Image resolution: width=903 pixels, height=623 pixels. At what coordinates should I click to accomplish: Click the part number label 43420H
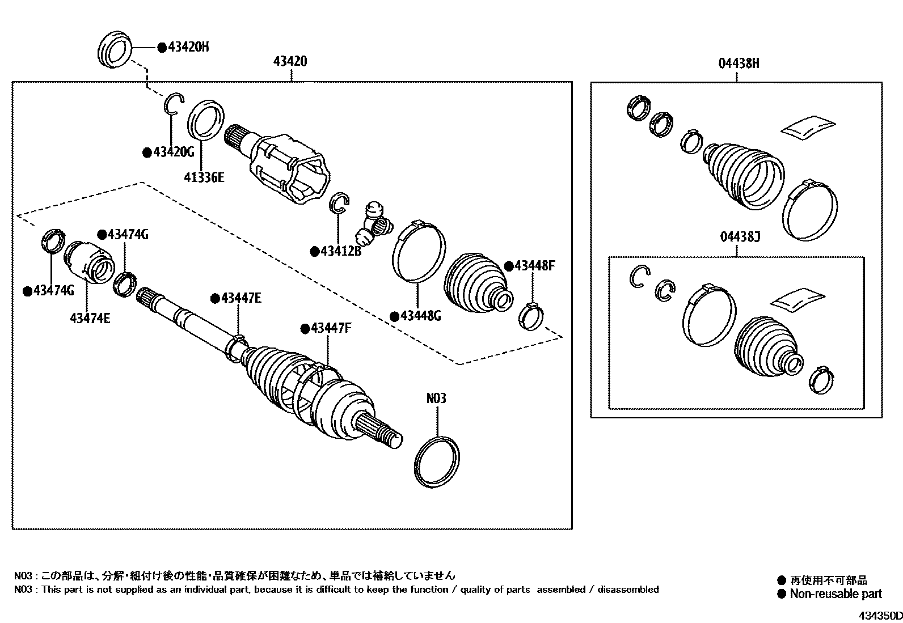click(x=188, y=47)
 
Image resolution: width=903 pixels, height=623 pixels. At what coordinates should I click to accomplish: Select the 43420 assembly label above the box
click(x=290, y=61)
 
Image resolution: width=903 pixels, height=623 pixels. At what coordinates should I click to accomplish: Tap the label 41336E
click(x=204, y=177)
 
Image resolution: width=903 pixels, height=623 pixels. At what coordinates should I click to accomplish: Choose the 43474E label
click(x=90, y=317)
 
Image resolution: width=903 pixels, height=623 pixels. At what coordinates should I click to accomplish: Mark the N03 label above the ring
click(x=436, y=399)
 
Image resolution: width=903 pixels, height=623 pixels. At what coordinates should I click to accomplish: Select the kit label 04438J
click(x=739, y=237)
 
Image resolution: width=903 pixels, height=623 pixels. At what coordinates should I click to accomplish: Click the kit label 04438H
click(x=739, y=63)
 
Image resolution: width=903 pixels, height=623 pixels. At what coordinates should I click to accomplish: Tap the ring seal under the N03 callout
click(x=437, y=461)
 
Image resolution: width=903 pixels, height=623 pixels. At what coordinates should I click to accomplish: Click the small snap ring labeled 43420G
click(x=174, y=105)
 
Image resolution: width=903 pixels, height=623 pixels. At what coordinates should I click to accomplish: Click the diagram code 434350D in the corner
click(x=879, y=616)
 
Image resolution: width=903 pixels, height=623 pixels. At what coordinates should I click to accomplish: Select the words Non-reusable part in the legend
click(x=836, y=594)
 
